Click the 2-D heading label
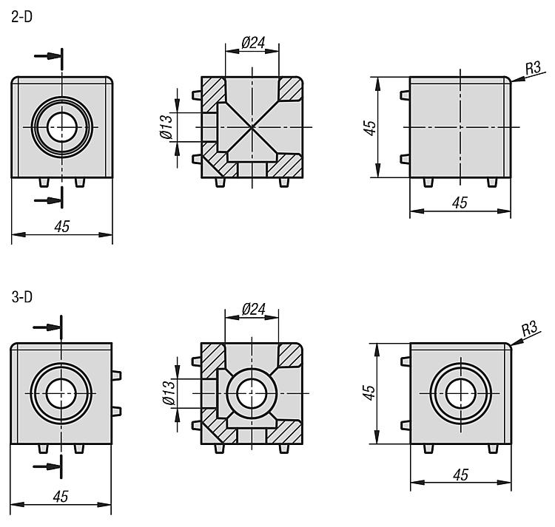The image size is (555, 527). point(21,17)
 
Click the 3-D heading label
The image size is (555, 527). point(21,297)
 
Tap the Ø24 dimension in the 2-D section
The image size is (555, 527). point(253,43)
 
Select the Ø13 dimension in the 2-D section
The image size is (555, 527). point(166,126)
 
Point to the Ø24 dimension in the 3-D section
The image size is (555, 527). point(253,309)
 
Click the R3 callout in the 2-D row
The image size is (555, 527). point(533,68)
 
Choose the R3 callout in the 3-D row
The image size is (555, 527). point(530,329)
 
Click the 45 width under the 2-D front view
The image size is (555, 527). point(62,226)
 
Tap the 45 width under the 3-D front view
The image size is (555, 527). point(61,496)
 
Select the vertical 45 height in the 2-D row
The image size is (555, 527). point(369,128)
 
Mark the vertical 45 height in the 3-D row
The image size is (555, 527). point(369,392)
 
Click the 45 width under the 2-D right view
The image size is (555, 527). point(460,203)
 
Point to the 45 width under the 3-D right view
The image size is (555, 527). point(461,475)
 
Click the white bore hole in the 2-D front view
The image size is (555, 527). point(62,127)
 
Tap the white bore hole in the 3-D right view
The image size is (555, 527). point(461,393)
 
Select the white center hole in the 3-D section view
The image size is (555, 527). point(252,393)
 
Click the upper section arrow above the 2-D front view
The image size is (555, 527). point(49,56)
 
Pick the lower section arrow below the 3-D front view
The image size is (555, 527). point(47,466)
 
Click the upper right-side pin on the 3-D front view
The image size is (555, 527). point(116,375)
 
